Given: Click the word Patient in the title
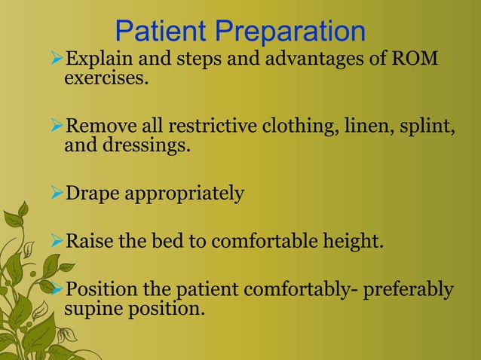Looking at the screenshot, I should coord(161,32).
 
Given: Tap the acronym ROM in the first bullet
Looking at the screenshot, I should coord(416,59).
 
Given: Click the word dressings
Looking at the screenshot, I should coord(149,145).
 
